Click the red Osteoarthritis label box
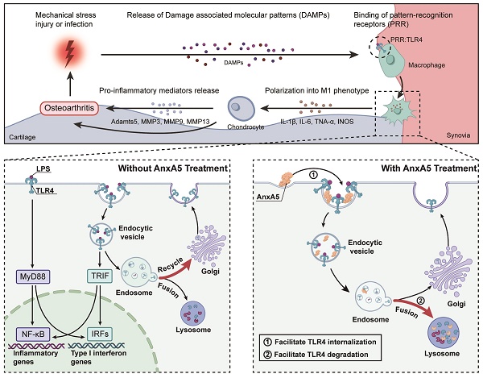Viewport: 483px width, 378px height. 68,106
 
